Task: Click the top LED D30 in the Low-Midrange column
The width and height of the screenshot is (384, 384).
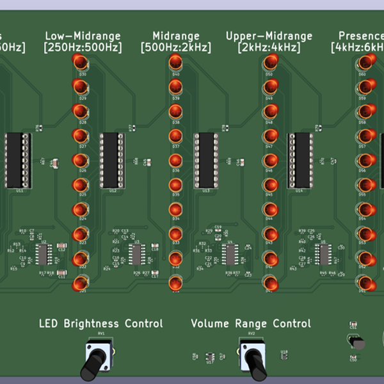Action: pyautogui.click(x=81, y=61)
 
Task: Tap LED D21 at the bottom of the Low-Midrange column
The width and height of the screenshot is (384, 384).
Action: pyautogui.click(x=81, y=283)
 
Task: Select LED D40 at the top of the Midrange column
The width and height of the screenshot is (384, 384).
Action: pyautogui.click(x=175, y=61)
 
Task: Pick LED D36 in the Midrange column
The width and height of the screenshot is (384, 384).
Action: pyautogui.click(x=175, y=161)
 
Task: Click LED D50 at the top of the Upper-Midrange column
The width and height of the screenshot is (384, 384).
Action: pyautogui.click(x=269, y=61)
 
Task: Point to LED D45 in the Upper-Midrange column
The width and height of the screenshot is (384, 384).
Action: pyautogui.click(x=269, y=185)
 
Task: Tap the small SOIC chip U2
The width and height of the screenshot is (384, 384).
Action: pyautogui.click(x=44, y=255)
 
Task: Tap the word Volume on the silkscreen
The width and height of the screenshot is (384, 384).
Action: pyautogui.click(x=211, y=324)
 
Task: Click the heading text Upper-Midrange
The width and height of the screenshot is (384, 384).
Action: pyautogui.click(x=269, y=36)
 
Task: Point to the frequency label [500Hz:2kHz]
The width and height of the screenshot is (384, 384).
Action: pyautogui.click(x=175, y=47)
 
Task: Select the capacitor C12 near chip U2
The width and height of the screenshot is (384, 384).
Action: pyautogui.click(x=61, y=246)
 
